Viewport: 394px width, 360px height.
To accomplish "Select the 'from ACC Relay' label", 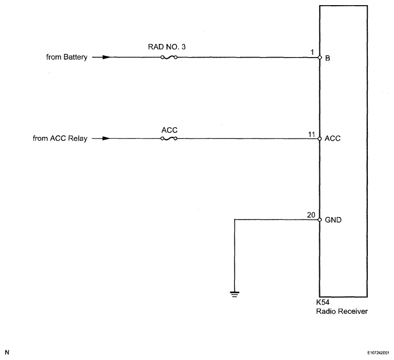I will click(60, 139).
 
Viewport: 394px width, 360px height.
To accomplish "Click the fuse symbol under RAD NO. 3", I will click(169, 58).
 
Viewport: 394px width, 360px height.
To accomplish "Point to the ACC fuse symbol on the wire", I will click(170, 139).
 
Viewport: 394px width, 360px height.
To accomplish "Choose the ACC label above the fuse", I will click(170, 130).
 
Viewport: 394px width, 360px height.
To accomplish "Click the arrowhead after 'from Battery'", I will click(105, 57).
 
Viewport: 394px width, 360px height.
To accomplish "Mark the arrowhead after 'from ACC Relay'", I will click(105, 139).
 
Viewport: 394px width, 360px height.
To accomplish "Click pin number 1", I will click(313, 52).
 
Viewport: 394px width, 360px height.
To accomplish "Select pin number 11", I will click(311, 134).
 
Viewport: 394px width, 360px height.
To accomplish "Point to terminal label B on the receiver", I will click(327, 58).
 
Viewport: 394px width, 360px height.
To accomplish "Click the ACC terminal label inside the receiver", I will click(332, 139).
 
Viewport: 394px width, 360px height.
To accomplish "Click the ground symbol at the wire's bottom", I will click(234, 294).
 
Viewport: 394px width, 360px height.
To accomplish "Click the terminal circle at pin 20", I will click(320, 219).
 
